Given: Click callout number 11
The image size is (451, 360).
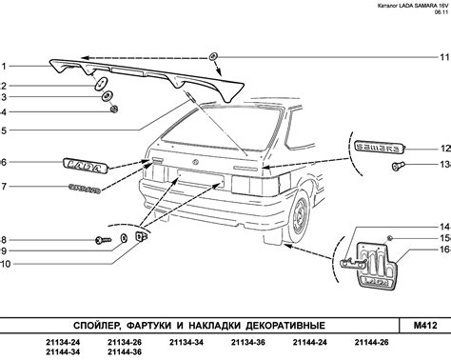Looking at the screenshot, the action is pyautogui.click(x=444, y=57).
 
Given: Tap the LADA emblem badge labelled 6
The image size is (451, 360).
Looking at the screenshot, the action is pyautogui.click(x=87, y=165).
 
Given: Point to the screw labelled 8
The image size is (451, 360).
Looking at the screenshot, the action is pyautogui.click(x=104, y=240).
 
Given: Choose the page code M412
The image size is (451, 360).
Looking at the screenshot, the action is pyautogui.click(x=425, y=325).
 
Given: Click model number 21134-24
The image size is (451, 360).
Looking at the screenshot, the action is pyautogui.click(x=63, y=343).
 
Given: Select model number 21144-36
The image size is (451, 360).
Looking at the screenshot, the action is pyautogui.click(x=125, y=352).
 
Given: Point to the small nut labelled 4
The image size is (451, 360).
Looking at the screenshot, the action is pyautogui.click(x=114, y=110).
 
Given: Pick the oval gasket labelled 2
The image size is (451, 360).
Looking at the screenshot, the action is pyautogui.click(x=101, y=83).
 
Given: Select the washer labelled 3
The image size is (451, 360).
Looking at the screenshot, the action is pyautogui.click(x=108, y=96).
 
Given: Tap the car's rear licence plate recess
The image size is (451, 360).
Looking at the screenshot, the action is pyautogui.click(x=201, y=180).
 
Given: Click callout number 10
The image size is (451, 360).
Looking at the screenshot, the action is pyautogui.click(x=6, y=264).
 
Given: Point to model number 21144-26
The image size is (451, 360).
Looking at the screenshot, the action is pyautogui.click(x=371, y=343).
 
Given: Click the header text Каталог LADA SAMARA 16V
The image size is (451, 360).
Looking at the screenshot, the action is pyautogui.click(x=413, y=6).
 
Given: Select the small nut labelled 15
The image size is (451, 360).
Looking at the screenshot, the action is pyautogui.click(x=390, y=238).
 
